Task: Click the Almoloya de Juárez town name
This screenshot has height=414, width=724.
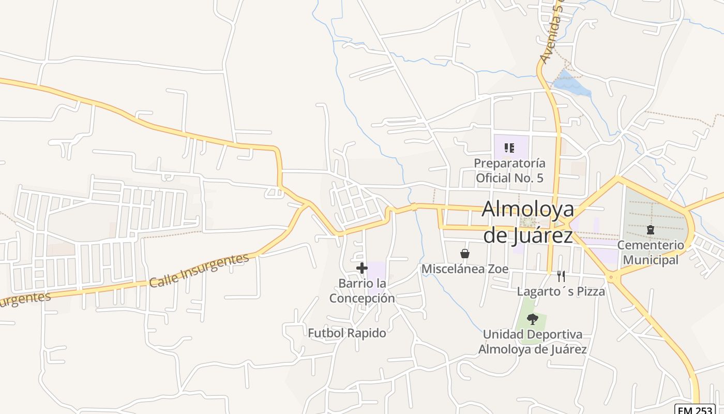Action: (x=528, y=223)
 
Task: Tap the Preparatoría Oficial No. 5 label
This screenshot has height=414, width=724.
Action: (x=509, y=171)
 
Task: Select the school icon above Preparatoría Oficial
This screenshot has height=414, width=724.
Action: (x=509, y=148)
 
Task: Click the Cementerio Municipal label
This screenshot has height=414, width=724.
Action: (x=651, y=252)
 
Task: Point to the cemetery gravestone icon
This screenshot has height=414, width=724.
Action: (x=651, y=229)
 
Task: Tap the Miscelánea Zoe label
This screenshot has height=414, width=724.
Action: (x=465, y=269)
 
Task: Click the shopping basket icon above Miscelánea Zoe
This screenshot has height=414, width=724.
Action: (x=465, y=254)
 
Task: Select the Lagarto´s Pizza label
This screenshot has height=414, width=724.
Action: (x=561, y=291)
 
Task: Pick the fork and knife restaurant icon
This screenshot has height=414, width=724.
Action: (x=561, y=276)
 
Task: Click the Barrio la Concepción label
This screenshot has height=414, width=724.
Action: (x=362, y=291)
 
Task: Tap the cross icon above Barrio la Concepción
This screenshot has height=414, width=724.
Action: (x=362, y=268)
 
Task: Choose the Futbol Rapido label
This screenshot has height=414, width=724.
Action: (x=347, y=333)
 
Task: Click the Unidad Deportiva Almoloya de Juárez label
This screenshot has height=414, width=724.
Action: (x=533, y=342)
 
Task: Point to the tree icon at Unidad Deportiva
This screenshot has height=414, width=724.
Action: (x=532, y=319)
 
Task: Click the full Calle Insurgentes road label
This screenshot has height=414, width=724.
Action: (x=199, y=270)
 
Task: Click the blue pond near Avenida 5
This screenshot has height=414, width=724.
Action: (x=571, y=85)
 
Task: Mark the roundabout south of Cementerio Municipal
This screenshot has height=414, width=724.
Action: (x=612, y=278)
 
